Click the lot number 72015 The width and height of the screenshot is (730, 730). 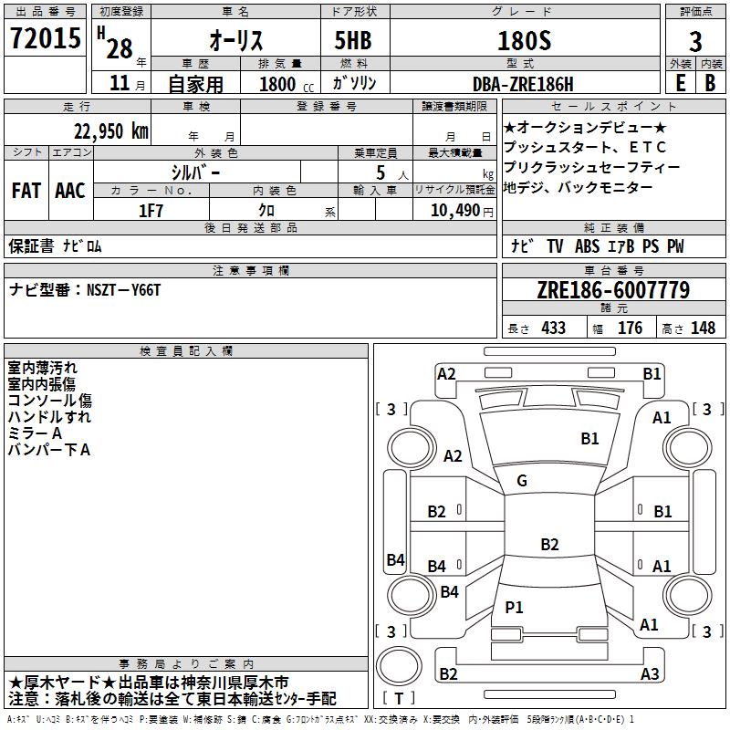[x=45, y=37]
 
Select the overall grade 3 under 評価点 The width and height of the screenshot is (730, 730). [x=695, y=41]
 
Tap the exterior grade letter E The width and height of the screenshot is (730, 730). [x=680, y=83]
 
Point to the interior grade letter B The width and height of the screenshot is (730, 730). [x=710, y=83]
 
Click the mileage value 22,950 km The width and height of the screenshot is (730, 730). [x=110, y=131]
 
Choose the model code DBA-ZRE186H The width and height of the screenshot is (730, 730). [x=523, y=84]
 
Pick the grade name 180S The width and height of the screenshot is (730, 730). [x=524, y=40]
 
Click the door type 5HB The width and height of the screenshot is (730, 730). [x=353, y=40]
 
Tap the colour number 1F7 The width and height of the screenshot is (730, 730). [x=151, y=211]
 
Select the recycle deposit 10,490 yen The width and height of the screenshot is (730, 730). [x=462, y=211]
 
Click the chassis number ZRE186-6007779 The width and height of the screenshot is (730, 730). [x=613, y=290]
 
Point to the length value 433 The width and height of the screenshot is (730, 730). [x=554, y=328]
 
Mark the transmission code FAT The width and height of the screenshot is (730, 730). [x=26, y=191]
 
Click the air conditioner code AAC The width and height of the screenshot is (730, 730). [x=70, y=191]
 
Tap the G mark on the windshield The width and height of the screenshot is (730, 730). [x=522, y=481]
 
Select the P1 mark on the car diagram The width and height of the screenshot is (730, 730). [x=514, y=607]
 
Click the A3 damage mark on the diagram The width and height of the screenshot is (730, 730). [x=650, y=673]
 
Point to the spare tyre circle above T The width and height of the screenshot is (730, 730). [x=399, y=667]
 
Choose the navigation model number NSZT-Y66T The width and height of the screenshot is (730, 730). [x=123, y=290]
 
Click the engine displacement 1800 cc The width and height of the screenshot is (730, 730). [x=287, y=84]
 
